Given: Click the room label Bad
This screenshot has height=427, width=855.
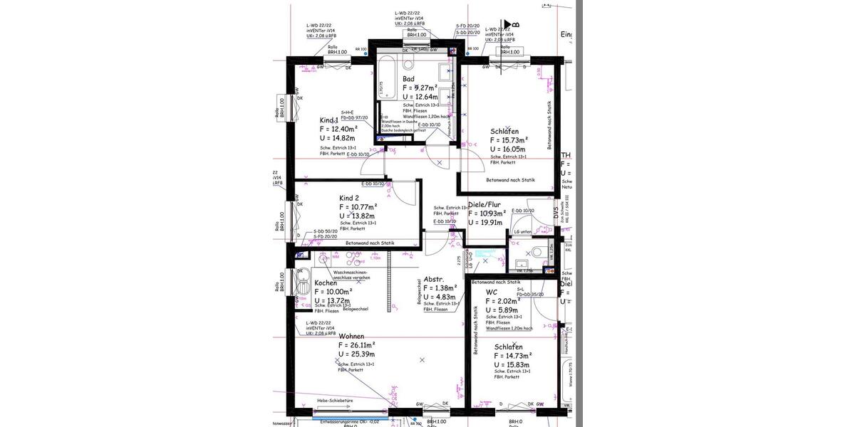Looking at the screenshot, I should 408,79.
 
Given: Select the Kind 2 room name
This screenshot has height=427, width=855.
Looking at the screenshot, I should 349,197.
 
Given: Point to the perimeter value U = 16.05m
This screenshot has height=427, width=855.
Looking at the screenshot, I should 507,149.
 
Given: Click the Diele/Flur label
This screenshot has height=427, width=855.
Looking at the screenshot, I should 484,204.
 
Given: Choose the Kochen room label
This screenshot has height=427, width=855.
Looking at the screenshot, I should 326,283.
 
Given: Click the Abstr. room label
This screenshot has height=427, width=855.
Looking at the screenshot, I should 434,279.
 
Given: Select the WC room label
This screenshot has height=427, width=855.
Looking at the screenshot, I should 492,292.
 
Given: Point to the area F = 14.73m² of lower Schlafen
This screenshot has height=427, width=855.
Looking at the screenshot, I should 513,356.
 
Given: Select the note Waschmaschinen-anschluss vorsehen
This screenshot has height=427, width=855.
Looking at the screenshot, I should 351,275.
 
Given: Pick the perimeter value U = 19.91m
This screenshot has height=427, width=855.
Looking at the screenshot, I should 486,222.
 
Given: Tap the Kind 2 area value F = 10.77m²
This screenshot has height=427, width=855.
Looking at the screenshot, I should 358,207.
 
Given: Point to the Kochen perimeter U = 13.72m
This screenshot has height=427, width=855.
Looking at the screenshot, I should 334,300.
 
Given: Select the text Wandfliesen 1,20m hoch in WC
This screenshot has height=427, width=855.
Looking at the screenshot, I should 509,329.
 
